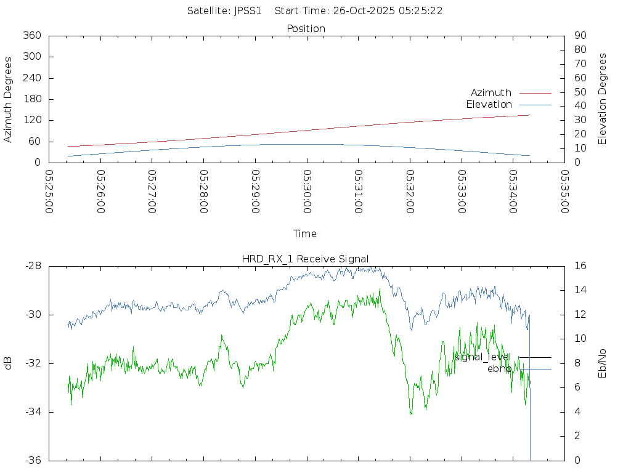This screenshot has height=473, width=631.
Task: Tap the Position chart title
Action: (306, 28)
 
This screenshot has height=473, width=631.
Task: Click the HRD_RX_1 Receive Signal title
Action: (305, 259)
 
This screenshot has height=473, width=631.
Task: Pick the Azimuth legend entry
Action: (491, 92)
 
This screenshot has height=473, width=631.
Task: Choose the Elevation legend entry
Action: (489, 104)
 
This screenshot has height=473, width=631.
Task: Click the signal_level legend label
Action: (482, 357)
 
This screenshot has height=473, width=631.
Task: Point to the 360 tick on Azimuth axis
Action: (31, 36)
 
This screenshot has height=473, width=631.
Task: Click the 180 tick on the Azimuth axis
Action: (31, 99)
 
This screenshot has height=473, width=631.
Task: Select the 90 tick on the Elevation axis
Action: (580, 36)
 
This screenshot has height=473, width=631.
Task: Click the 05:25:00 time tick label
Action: (50, 192)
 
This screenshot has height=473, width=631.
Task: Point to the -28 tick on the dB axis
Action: (33, 266)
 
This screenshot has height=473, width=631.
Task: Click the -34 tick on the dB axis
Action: (33, 412)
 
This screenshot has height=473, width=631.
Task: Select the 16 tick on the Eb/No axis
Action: (580, 266)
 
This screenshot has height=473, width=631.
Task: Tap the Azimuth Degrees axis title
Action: (8, 99)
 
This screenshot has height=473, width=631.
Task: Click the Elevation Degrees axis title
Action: (603, 99)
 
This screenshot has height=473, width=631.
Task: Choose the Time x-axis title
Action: (305, 233)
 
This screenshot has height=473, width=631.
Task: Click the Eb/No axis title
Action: (603, 363)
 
